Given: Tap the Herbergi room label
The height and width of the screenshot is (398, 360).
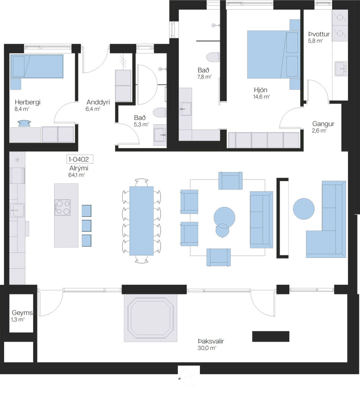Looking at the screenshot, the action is (28, 102).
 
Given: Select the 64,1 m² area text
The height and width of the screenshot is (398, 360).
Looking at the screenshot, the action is (77, 175).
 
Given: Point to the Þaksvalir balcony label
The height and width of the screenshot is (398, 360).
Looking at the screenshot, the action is (211, 341).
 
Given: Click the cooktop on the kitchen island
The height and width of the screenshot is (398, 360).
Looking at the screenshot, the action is (63, 208).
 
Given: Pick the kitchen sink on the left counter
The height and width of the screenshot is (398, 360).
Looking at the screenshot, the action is (17, 210).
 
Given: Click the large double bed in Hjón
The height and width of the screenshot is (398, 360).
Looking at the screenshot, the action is (273, 54).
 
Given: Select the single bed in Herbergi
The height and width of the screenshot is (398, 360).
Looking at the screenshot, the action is (37, 66).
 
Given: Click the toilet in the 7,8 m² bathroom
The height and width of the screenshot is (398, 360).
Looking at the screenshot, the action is (213, 57).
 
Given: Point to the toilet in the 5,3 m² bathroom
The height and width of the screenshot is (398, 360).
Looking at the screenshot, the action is (160, 113).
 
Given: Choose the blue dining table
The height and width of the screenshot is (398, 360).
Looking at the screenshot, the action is (142, 221).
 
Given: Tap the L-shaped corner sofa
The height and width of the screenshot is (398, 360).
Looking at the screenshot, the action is (326, 219).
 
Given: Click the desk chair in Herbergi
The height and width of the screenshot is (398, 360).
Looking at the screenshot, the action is (24, 123).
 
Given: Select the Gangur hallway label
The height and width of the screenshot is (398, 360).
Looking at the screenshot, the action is (323, 124).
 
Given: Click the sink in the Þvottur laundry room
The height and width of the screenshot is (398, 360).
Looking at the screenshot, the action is (341, 69).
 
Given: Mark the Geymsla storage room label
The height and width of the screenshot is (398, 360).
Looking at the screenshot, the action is (22, 313).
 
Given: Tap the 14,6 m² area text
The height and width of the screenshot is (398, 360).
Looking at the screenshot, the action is (262, 97).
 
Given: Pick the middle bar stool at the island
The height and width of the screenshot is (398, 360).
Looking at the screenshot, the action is (87, 226).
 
